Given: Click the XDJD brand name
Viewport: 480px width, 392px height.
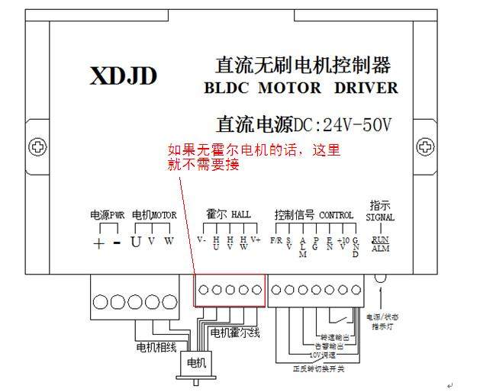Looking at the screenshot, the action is pyautogui.click(x=124, y=76).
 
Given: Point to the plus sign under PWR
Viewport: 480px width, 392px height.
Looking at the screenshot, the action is pyautogui.click(x=98, y=243).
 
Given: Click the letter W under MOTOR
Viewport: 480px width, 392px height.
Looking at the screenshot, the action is pyautogui.click(x=169, y=243).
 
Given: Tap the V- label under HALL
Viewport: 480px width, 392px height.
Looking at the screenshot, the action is pyautogui.click(x=201, y=239).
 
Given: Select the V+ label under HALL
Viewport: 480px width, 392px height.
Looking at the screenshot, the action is pyautogui.click(x=256, y=239).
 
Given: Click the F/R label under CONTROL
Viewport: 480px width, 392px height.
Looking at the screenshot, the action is pyautogui.click(x=276, y=239).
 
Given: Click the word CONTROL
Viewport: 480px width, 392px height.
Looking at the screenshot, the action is pyautogui.click(x=336, y=216).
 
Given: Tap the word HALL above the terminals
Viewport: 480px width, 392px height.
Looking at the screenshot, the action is pyautogui.click(x=240, y=216).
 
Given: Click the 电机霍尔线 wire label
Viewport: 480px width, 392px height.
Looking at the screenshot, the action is pyautogui.click(x=235, y=333).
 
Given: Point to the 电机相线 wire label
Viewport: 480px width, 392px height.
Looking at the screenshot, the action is pyautogui.click(x=156, y=348).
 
